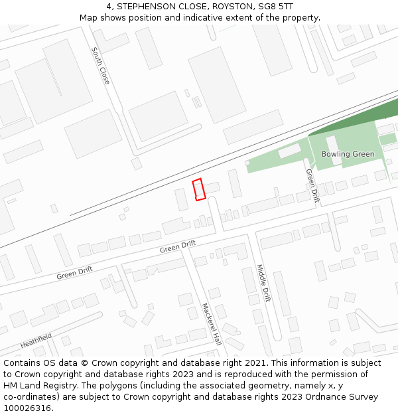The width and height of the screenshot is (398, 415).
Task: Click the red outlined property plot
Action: [198, 189]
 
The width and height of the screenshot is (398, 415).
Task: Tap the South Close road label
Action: [101, 65]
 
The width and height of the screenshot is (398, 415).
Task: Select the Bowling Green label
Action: [348, 154]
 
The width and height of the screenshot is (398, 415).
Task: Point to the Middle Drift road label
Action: [263, 283]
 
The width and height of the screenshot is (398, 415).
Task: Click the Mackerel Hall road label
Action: [212, 324]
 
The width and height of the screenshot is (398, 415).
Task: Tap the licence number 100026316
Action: [28, 408]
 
